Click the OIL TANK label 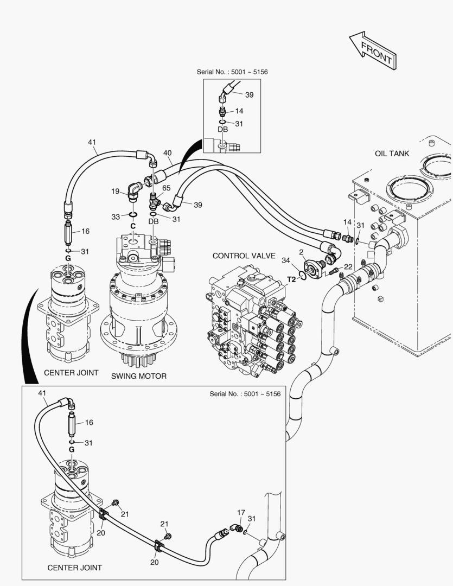point(392,154)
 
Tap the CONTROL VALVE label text point(244,256)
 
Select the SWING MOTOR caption point(139,375)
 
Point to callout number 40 point(168,153)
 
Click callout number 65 point(166,188)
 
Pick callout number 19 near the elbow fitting point(116,191)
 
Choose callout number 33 point(116,217)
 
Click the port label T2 point(292,279)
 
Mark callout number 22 point(348,266)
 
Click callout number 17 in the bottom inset point(241,512)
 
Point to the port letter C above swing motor point(132,225)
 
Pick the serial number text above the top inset point(232,72)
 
